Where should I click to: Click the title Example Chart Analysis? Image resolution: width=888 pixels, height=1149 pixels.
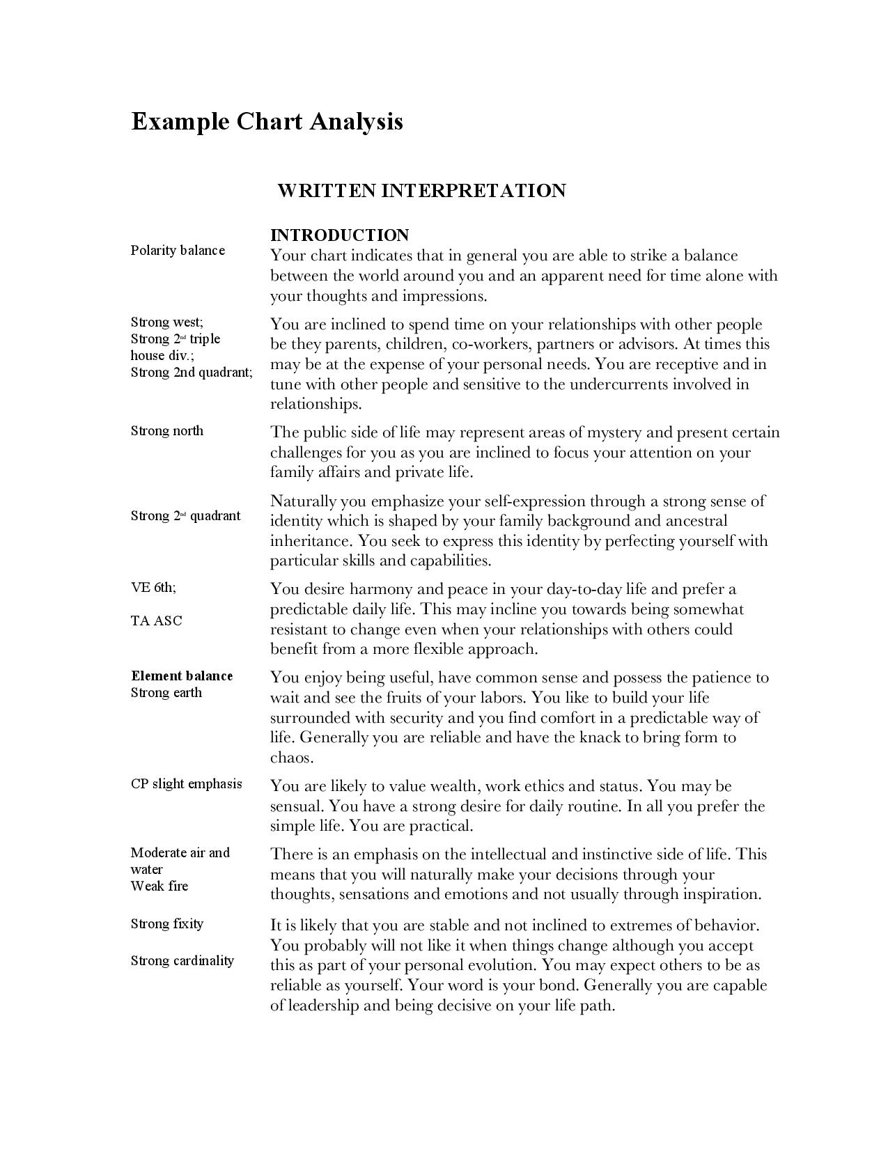[x=267, y=121]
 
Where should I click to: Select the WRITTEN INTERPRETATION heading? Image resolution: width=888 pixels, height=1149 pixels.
[x=421, y=191]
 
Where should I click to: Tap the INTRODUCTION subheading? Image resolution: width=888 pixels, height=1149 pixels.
[x=339, y=235]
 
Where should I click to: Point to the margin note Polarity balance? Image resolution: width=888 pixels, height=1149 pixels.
[x=178, y=251]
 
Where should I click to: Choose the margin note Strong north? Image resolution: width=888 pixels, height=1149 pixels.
[x=167, y=431]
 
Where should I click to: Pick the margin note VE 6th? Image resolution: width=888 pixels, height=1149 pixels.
[x=153, y=587]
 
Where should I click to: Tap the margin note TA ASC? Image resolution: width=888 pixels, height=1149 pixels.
[x=157, y=621]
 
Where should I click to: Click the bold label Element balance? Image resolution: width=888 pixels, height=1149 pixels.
[x=182, y=676]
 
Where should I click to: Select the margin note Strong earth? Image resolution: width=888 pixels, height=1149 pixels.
[x=166, y=693]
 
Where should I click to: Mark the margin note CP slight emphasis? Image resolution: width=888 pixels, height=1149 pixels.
[x=187, y=784]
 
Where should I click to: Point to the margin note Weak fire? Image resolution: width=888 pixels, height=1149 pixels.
[x=159, y=886]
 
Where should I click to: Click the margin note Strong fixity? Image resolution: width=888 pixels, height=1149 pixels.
[x=167, y=924]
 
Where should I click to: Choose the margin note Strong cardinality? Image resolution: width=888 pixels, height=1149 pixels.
[x=182, y=961]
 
